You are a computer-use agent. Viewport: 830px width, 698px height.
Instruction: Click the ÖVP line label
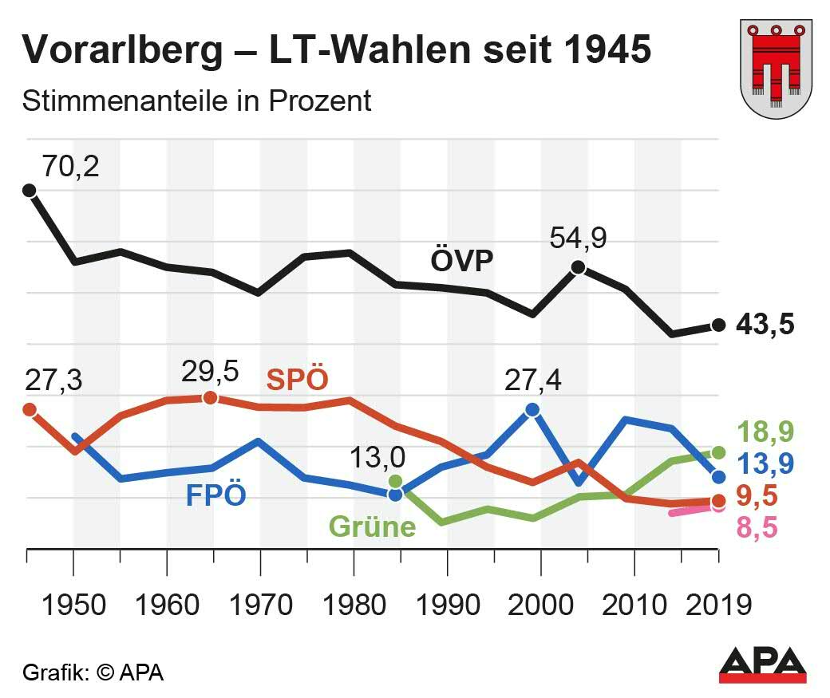(462, 260)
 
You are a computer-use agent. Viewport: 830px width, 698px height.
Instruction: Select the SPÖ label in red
(297, 379)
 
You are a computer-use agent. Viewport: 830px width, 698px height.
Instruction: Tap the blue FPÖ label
(215, 495)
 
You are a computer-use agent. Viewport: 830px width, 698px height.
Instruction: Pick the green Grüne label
(372, 527)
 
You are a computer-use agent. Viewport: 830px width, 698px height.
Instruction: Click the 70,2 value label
(71, 168)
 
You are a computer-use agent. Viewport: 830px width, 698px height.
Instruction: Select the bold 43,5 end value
(765, 325)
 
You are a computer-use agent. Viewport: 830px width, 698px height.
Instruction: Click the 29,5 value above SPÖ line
(211, 371)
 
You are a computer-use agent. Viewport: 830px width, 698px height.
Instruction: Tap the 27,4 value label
(532, 381)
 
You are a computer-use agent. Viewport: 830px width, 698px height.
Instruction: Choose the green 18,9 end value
(765, 432)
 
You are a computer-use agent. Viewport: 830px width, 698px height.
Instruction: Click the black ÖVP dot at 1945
(29, 190)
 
